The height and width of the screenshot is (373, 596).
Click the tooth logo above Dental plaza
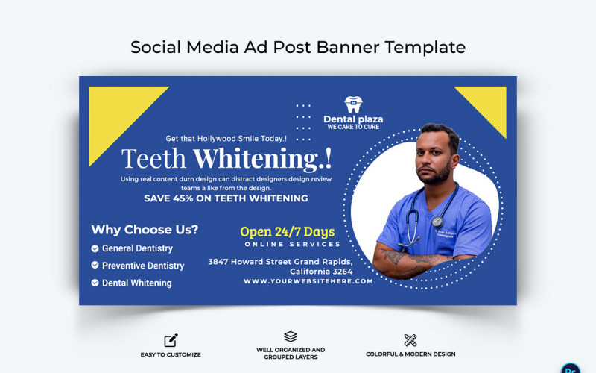tap(353, 104)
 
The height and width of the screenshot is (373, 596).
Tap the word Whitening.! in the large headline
tap(262, 158)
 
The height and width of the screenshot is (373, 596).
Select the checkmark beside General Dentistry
tap(95, 248)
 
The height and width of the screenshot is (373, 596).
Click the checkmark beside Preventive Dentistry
tap(95, 266)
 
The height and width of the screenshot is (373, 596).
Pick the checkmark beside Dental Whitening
tap(95, 283)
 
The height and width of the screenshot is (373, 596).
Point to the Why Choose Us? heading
tap(145, 230)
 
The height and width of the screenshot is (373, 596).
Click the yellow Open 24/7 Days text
tap(287, 231)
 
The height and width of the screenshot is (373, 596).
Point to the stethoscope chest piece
tap(437, 222)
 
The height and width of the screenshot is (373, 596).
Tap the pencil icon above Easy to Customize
tap(171, 340)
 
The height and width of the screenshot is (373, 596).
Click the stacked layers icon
tap(291, 336)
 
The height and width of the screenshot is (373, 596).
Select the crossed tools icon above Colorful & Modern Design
tap(410, 340)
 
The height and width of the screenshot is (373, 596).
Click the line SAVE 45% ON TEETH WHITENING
tap(226, 199)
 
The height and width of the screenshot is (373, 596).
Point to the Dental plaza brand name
tap(353, 119)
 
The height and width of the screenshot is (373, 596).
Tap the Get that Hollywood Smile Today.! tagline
tap(226, 139)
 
